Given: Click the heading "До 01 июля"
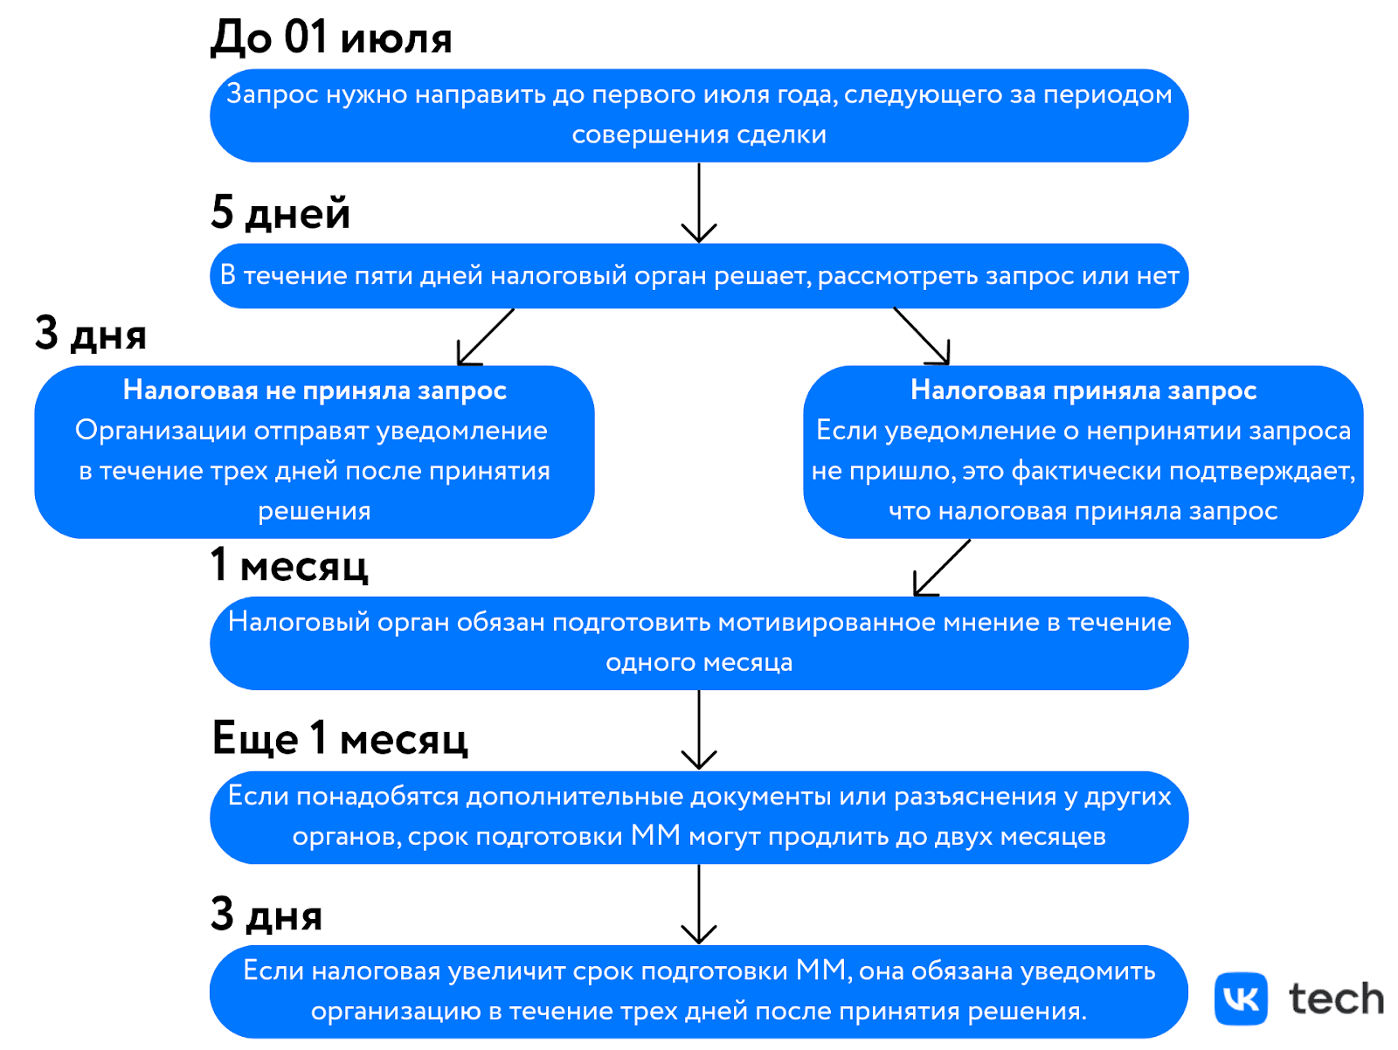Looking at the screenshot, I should click(331, 38).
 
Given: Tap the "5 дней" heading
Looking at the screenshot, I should click(280, 213).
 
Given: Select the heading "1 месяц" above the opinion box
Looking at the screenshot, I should click(289, 566).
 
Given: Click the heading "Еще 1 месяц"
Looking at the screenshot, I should click(340, 739).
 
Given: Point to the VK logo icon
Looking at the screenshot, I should click(1241, 998).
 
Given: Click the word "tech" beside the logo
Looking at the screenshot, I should click(1336, 999).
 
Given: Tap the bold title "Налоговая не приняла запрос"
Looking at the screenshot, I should click(315, 390).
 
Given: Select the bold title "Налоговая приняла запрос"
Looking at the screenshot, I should click(1083, 390).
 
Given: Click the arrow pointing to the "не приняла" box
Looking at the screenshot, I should click(485, 337).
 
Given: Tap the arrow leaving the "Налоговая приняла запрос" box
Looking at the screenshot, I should click(942, 568).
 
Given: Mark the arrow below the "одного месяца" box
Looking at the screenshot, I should click(699, 730).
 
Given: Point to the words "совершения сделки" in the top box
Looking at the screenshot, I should click(699, 135).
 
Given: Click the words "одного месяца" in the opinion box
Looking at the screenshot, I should click(699, 663).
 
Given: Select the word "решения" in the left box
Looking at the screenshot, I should click(315, 511).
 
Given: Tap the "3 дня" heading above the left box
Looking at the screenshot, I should click(91, 335).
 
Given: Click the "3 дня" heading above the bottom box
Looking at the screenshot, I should click(266, 915).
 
